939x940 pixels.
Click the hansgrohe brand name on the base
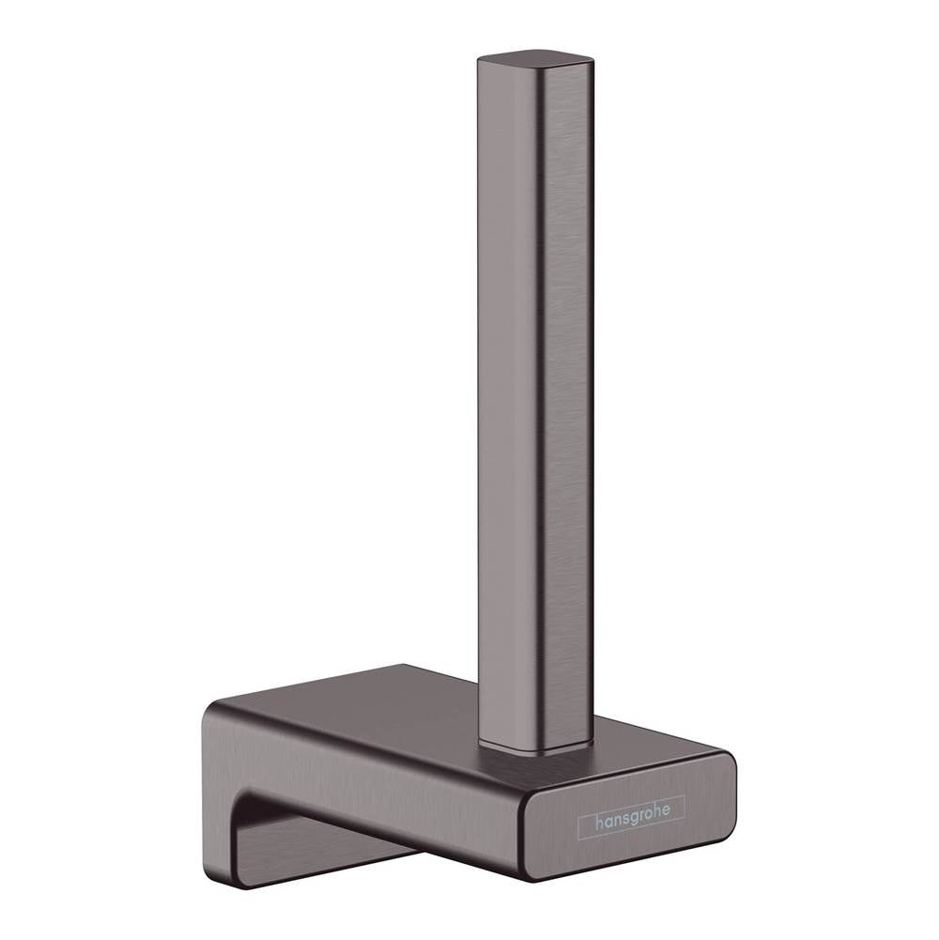[x=631, y=822]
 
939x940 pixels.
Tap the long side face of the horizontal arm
[x=376, y=779]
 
